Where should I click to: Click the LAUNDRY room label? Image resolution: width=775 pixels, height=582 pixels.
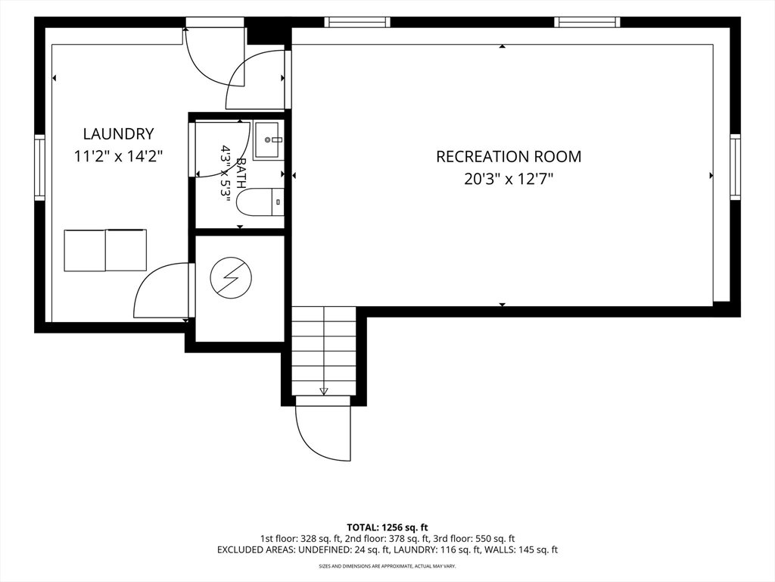tap(118, 133)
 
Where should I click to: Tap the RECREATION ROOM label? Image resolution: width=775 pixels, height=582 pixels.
tap(509, 156)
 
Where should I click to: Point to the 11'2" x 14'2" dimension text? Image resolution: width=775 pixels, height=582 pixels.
tap(118, 156)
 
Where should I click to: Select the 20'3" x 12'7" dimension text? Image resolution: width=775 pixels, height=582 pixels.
tap(509, 178)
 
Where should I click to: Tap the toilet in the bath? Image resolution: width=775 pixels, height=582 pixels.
tap(260, 202)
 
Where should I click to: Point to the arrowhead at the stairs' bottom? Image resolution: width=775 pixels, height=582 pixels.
tap(324, 391)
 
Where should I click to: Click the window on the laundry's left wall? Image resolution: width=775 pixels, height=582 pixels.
tap(39, 167)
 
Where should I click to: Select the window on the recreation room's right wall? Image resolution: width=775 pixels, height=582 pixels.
tap(736, 167)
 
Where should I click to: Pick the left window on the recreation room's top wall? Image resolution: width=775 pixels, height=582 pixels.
tap(357, 22)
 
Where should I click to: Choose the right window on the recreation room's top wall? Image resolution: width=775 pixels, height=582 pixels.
tap(587, 22)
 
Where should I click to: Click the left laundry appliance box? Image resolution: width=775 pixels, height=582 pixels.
tap(85, 250)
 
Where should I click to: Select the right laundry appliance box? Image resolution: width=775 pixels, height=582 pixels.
tap(126, 250)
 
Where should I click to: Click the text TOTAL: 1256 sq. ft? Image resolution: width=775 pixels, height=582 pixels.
tap(387, 527)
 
